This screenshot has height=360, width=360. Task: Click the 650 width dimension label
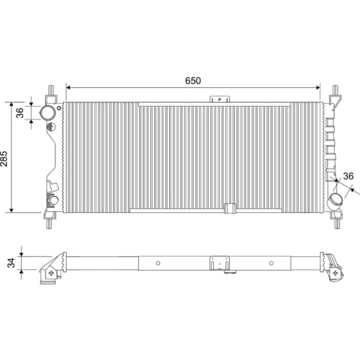coord(193,81)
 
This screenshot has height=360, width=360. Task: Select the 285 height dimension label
coord(4,158)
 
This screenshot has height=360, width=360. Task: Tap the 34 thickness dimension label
coord(11,263)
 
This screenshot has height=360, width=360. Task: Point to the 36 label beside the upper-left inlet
coord(20,112)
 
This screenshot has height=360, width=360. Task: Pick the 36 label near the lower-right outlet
coord(348,176)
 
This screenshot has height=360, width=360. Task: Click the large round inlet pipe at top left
coord(47,112)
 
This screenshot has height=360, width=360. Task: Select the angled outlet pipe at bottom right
coord(336,199)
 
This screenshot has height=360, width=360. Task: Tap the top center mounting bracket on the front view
coord(220,99)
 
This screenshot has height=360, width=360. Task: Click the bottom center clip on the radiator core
coord(230,208)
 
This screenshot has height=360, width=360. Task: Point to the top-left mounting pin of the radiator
coord(51,91)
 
